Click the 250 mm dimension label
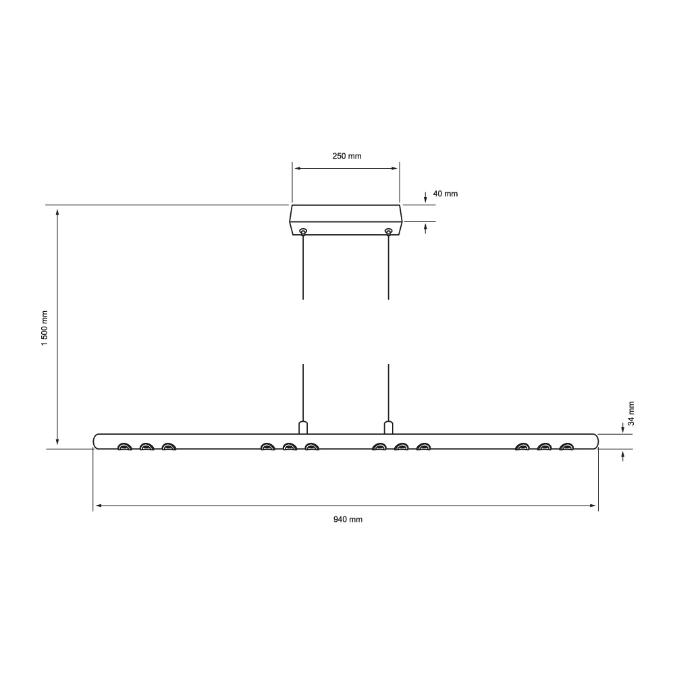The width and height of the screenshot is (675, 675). click(x=347, y=156)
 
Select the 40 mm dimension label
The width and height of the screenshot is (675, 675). click(x=445, y=194)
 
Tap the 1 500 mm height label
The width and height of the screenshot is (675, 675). click(x=45, y=328)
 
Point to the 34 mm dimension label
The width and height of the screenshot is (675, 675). click(x=632, y=412)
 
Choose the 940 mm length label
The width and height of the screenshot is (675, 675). click(x=348, y=520)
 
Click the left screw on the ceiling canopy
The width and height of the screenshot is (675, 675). click(x=303, y=232)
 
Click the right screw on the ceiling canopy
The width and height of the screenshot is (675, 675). click(x=388, y=232)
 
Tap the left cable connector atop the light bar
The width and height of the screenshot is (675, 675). click(x=303, y=427)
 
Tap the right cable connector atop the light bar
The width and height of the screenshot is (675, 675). click(x=388, y=427)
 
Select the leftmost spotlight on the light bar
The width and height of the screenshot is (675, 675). click(x=125, y=446)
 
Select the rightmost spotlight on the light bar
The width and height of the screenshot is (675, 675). click(x=566, y=446)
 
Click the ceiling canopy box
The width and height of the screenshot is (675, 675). click(x=346, y=219)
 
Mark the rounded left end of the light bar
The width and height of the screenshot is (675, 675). click(x=97, y=441)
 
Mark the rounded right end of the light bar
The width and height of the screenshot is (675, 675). click(x=595, y=441)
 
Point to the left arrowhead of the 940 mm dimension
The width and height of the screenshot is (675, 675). click(x=97, y=505)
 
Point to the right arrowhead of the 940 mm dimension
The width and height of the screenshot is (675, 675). click(x=594, y=505)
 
